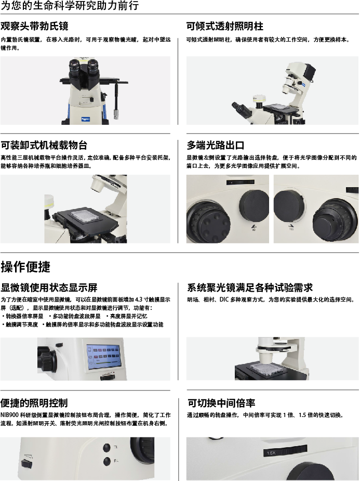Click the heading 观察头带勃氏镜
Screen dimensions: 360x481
[34, 27]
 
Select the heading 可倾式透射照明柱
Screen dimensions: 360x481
[224, 27]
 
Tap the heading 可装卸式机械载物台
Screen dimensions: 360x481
[44, 145]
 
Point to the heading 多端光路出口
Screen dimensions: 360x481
[215, 145]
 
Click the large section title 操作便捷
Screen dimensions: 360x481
[25, 267]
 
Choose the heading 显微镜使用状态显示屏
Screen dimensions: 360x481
[49, 288]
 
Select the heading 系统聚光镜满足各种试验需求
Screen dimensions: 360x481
[250, 288]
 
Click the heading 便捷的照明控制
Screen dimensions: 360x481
[34, 403]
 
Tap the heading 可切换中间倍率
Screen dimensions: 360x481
[221, 403]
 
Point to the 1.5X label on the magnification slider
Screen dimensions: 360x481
[271, 453]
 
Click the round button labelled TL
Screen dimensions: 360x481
[107, 448]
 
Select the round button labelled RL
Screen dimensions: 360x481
[107, 461]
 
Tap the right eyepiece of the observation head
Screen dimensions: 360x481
[93, 66]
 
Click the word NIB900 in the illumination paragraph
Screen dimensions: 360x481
[9, 415]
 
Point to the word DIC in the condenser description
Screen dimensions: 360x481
[224, 300]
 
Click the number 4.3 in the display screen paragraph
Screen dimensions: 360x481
[139, 300]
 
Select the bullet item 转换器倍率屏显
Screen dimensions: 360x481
[24, 316]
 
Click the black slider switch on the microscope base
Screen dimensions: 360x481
[26, 463]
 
